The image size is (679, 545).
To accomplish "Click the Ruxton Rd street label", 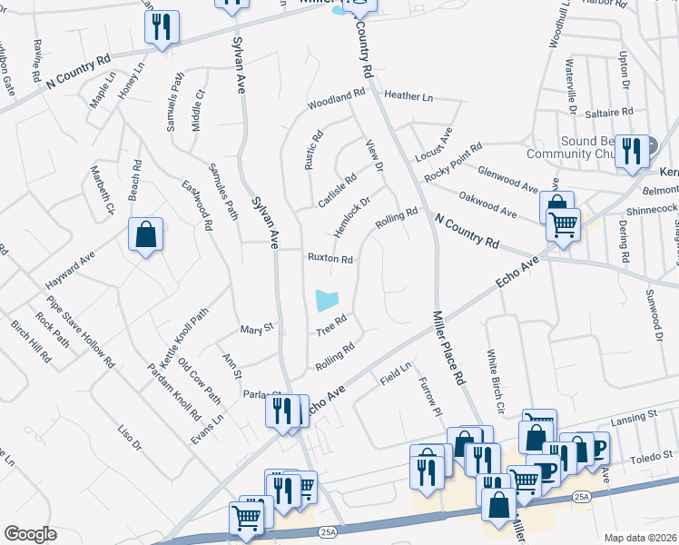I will [329, 258].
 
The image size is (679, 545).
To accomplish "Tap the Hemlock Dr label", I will [352, 218].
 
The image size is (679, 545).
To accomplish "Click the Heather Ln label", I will [408, 95].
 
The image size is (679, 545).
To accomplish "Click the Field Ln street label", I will [396, 373].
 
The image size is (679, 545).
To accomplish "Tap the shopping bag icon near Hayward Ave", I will [145, 236].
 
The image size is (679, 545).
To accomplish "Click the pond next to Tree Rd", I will [325, 299].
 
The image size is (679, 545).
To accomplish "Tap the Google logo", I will [30, 534].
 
